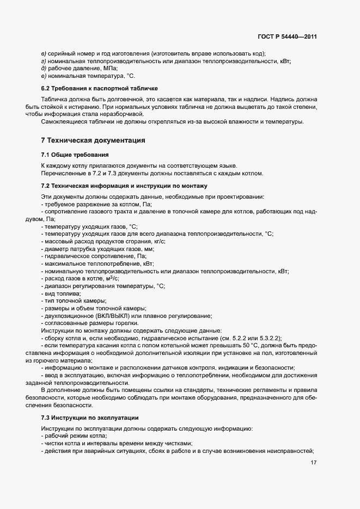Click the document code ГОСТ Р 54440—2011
click(x=287, y=38)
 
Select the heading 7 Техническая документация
click(x=93, y=140)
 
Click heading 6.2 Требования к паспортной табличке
click(x=99, y=88)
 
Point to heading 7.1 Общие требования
click(x=75, y=155)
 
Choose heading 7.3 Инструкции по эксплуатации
click(x=90, y=418)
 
